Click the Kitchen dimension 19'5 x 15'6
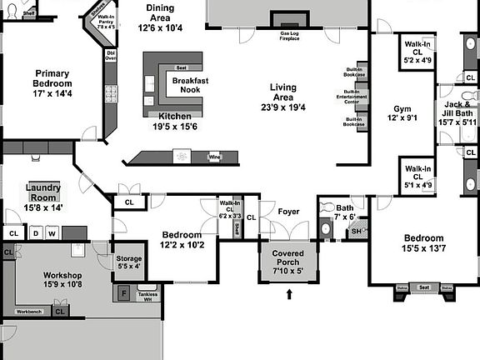point(175,126)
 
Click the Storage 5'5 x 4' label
point(129,262)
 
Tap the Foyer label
point(288,211)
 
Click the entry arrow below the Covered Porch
point(290,293)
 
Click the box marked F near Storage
point(124,293)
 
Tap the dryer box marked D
point(36,233)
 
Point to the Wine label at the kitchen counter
point(214,157)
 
